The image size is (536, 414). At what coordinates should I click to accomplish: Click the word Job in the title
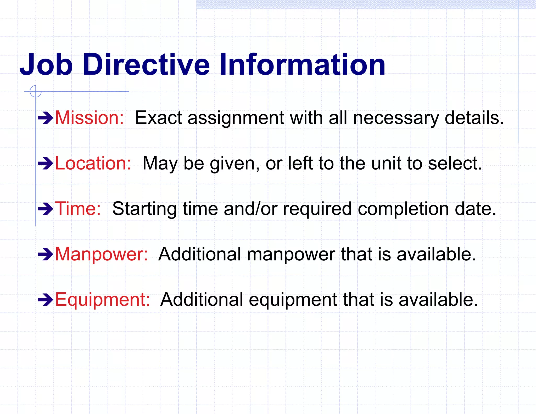(x=46, y=64)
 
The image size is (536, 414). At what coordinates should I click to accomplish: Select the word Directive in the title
(x=146, y=64)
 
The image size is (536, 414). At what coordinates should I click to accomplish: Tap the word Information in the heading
(x=302, y=64)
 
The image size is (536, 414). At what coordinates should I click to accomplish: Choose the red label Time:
(x=78, y=209)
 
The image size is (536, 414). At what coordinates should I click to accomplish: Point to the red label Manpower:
(x=102, y=254)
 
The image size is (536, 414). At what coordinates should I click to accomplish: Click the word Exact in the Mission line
(x=158, y=118)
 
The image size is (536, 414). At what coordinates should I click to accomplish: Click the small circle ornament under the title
(x=36, y=91)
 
